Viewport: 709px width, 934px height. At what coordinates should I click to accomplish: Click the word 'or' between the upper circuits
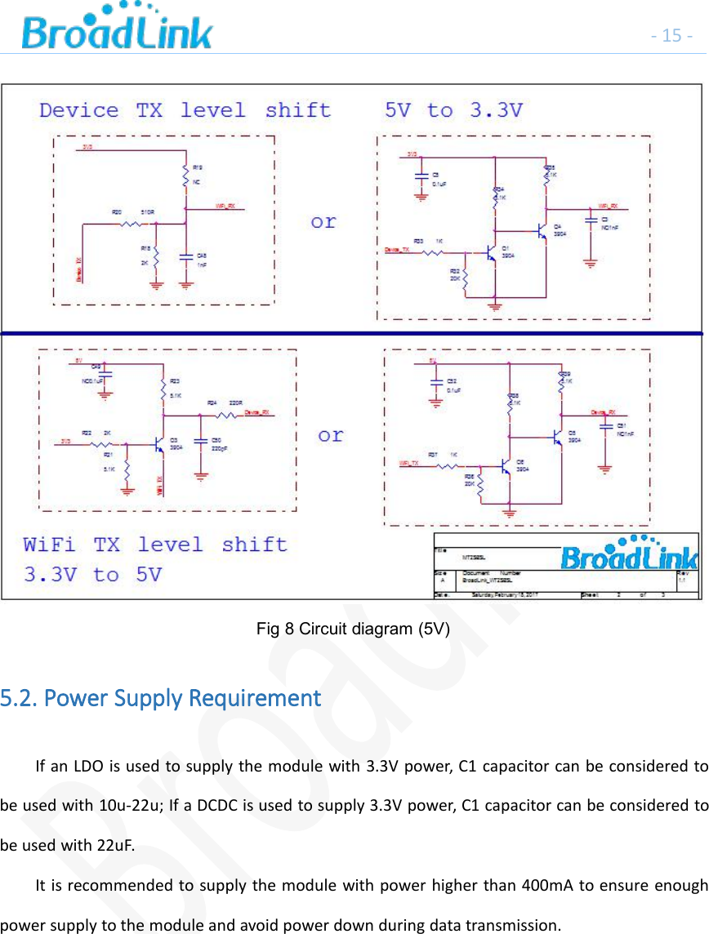(x=323, y=222)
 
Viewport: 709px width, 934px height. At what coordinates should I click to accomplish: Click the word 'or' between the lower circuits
(x=331, y=435)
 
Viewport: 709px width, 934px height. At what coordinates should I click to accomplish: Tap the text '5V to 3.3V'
(x=453, y=110)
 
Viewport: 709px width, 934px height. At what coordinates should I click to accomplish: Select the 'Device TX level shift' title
(x=185, y=110)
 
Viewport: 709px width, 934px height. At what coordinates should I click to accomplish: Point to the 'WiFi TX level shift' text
(x=155, y=545)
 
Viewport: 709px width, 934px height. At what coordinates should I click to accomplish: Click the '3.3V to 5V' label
(x=92, y=575)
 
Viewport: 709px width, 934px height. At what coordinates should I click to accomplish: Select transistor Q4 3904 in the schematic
(x=542, y=232)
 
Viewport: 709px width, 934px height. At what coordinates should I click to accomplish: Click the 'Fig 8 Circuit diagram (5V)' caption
(x=352, y=629)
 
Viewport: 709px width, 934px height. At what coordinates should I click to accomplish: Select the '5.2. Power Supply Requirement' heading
(x=161, y=699)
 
